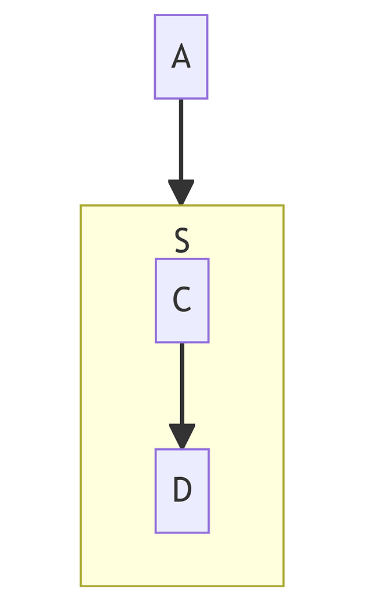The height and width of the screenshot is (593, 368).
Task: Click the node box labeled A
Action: (x=181, y=57)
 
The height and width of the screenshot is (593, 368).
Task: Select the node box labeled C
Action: (x=182, y=301)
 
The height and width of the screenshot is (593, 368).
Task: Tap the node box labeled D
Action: (x=182, y=490)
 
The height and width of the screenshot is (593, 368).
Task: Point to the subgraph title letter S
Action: (x=182, y=241)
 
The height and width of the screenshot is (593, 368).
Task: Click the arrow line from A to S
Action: (x=181, y=139)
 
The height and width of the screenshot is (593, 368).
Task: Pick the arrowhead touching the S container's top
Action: (x=181, y=192)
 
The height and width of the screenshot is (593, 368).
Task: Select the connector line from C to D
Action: (x=182, y=382)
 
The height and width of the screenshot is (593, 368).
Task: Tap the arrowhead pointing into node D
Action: (x=182, y=436)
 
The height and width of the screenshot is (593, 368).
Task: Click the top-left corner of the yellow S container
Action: (x=81, y=206)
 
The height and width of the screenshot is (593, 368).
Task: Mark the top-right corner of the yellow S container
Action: (x=283, y=206)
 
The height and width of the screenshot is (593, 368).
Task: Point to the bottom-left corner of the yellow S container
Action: (x=81, y=586)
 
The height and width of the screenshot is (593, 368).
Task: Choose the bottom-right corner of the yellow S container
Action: (x=283, y=586)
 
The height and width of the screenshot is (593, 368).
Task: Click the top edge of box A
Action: (x=181, y=15)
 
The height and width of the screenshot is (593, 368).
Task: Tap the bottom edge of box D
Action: (x=182, y=532)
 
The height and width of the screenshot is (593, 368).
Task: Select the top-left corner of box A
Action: (x=155, y=15)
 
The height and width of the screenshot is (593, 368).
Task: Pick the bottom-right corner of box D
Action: (x=209, y=532)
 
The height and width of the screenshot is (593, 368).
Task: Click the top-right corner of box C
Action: (x=209, y=259)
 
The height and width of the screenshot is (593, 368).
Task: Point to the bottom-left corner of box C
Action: (x=155, y=342)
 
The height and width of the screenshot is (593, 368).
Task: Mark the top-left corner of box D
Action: (x=155, y=449)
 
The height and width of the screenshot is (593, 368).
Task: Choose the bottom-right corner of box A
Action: (x=207, y=98)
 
